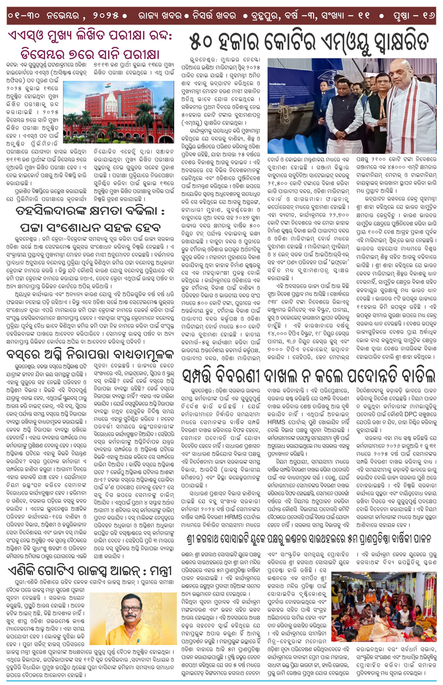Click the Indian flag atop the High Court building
108,86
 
